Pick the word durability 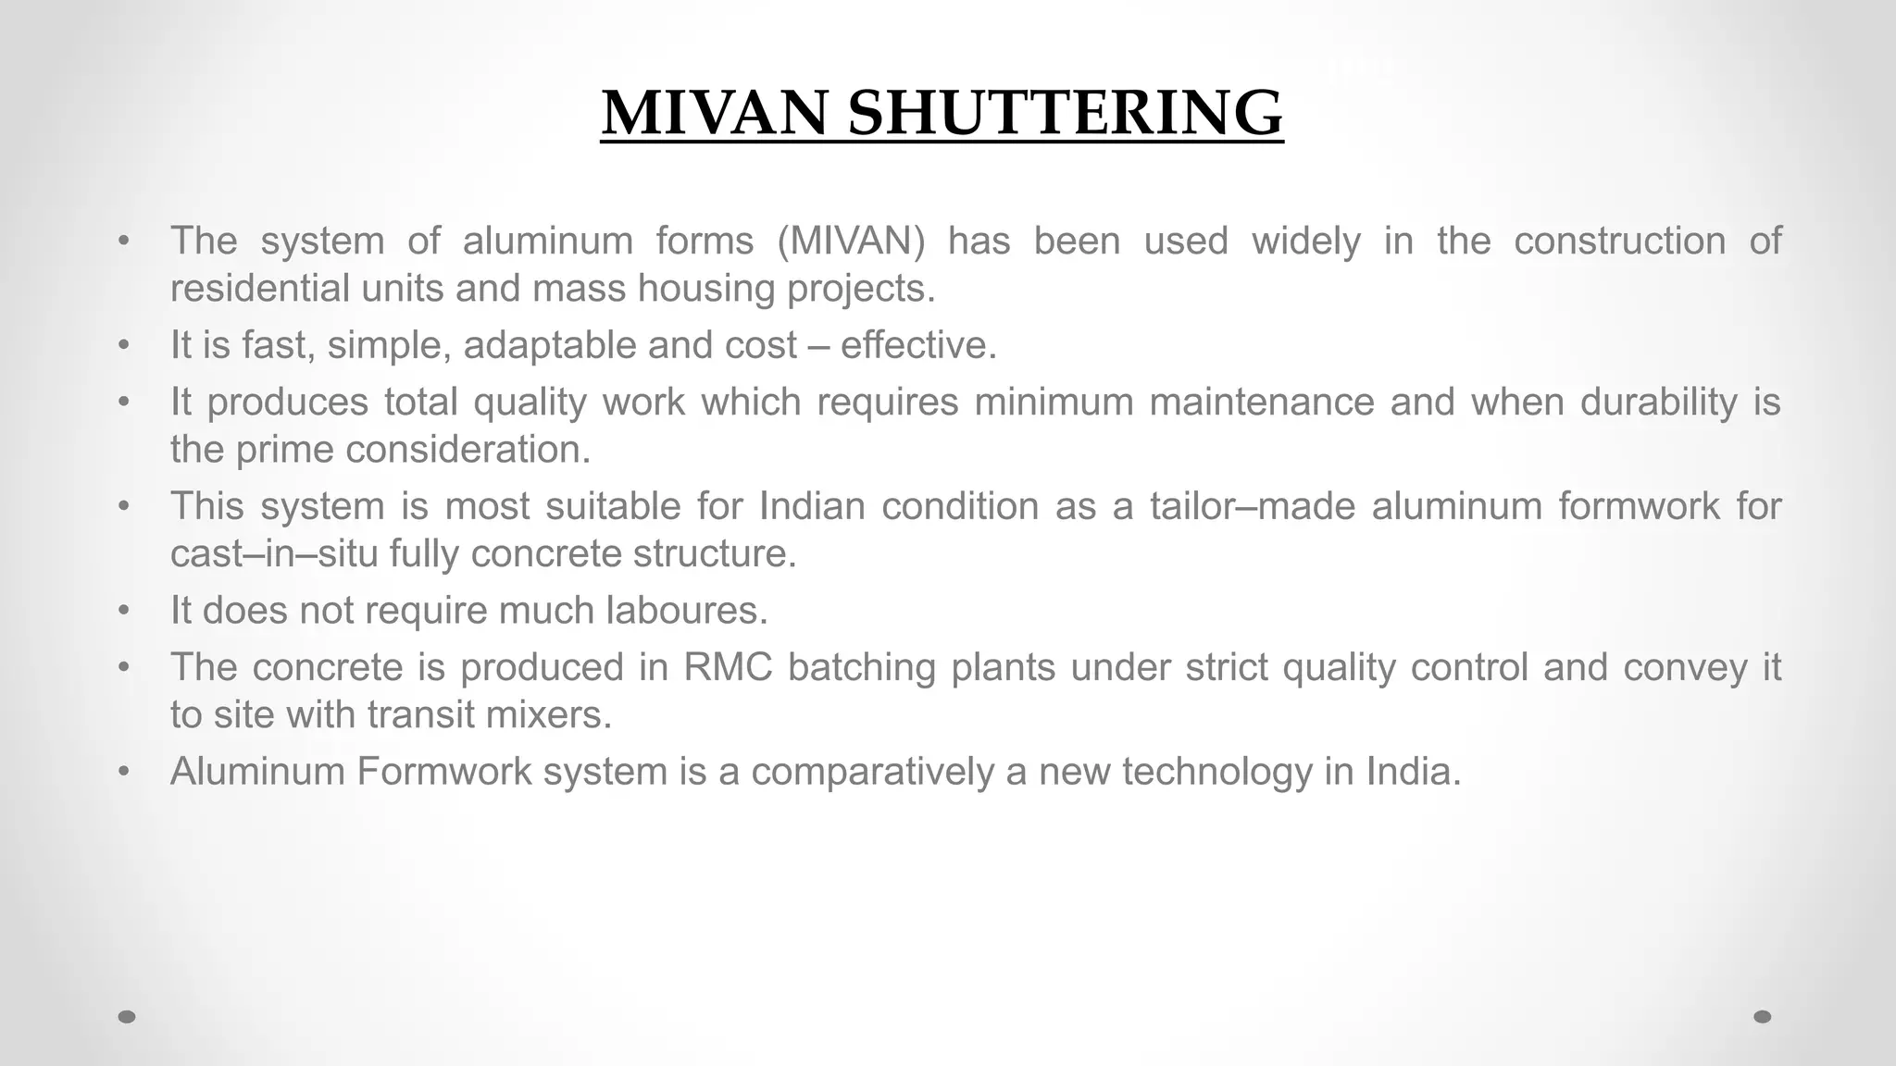pos(1659,402)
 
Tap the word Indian pos(812,506)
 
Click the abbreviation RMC pos(728,667)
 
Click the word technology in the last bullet pos(1216,772)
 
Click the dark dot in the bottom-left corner pos(127,1017)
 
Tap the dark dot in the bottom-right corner pos(1763,1017)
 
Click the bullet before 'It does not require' pos(124,612)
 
